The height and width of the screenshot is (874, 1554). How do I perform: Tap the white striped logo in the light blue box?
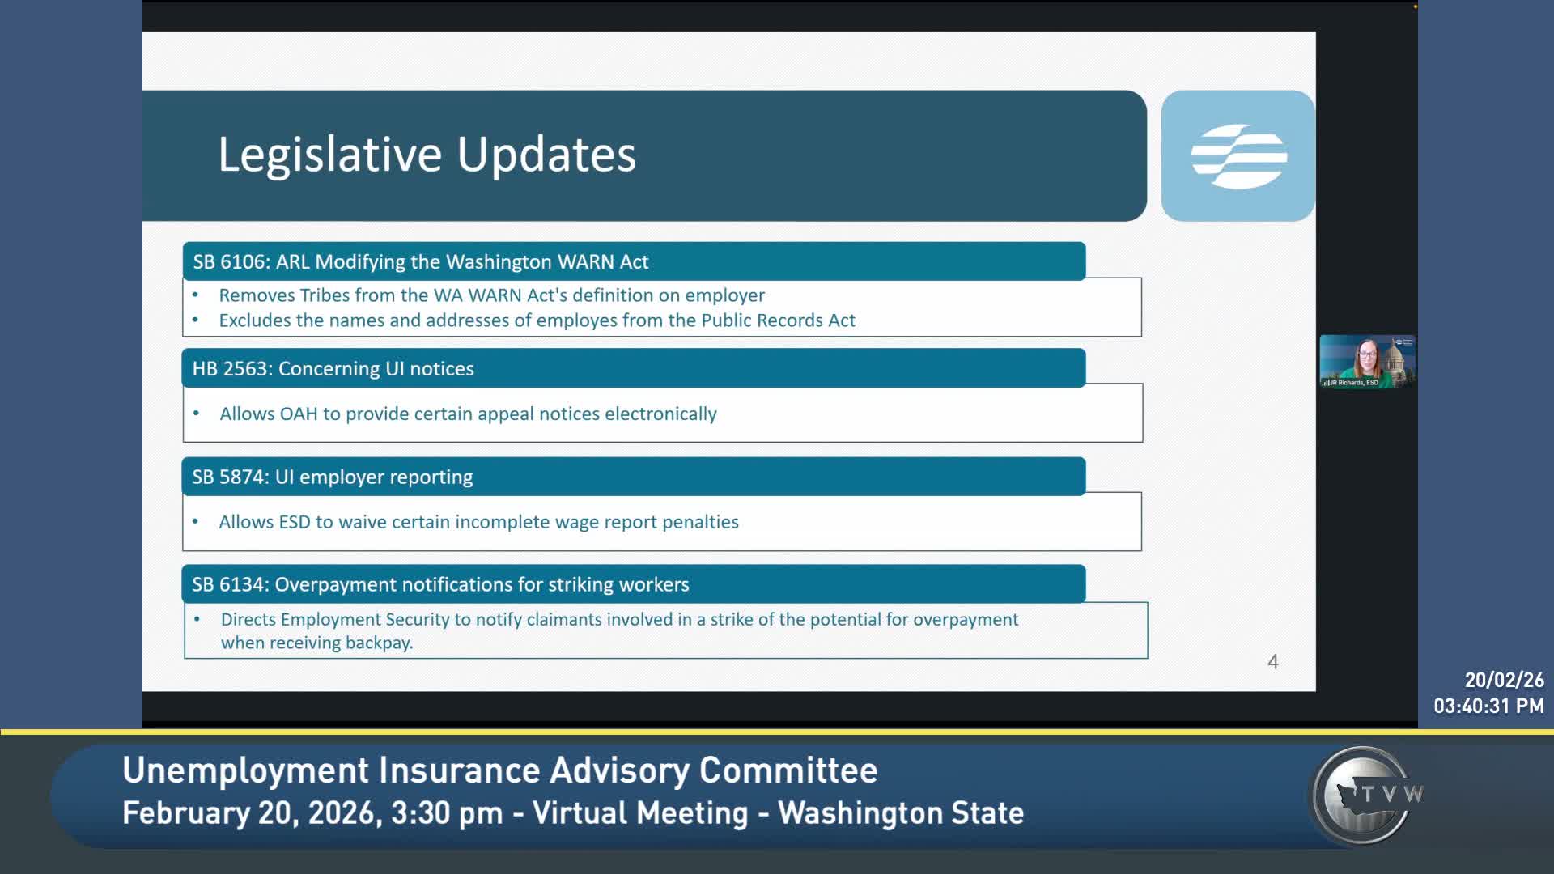1238,156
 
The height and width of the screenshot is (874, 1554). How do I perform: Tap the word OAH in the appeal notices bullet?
298,414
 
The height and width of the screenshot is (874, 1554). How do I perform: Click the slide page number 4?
1272,662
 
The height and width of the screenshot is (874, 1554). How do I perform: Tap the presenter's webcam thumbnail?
1367,362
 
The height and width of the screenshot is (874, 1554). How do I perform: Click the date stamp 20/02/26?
1504,680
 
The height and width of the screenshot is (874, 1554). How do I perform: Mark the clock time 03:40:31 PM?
1488,706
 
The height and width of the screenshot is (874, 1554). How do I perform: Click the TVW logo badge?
1366,795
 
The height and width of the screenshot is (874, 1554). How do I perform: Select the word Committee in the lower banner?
788,770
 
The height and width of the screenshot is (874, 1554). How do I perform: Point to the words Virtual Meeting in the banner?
640,813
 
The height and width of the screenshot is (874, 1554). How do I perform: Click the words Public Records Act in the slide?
778,320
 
